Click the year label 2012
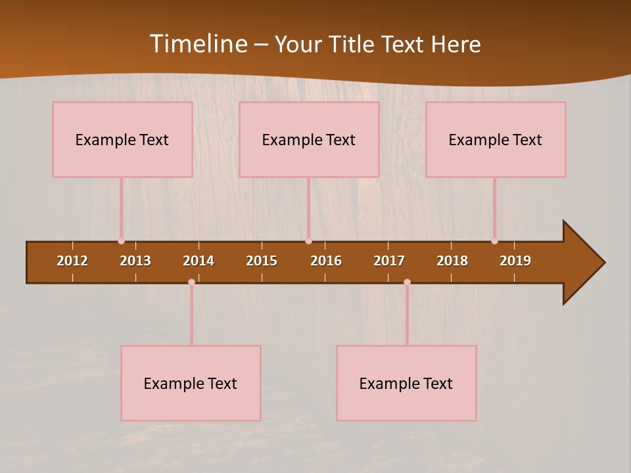(72, 261)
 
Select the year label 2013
(135, 261)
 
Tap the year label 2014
(199, 261)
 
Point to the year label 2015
(262, 261)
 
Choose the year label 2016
(326, 261)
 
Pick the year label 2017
(389, 261)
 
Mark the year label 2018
(452, 261)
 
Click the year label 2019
(515, 261)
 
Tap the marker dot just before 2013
(121, 241)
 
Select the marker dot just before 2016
(308, 241)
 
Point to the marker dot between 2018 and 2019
(494, 241)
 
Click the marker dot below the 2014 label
(191, 282)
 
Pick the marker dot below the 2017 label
(407, 282)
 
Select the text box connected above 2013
(122, 139)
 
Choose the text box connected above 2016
(309, 139)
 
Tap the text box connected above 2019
(496, 139)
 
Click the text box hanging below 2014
(191, 383)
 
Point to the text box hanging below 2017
(406, 383)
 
